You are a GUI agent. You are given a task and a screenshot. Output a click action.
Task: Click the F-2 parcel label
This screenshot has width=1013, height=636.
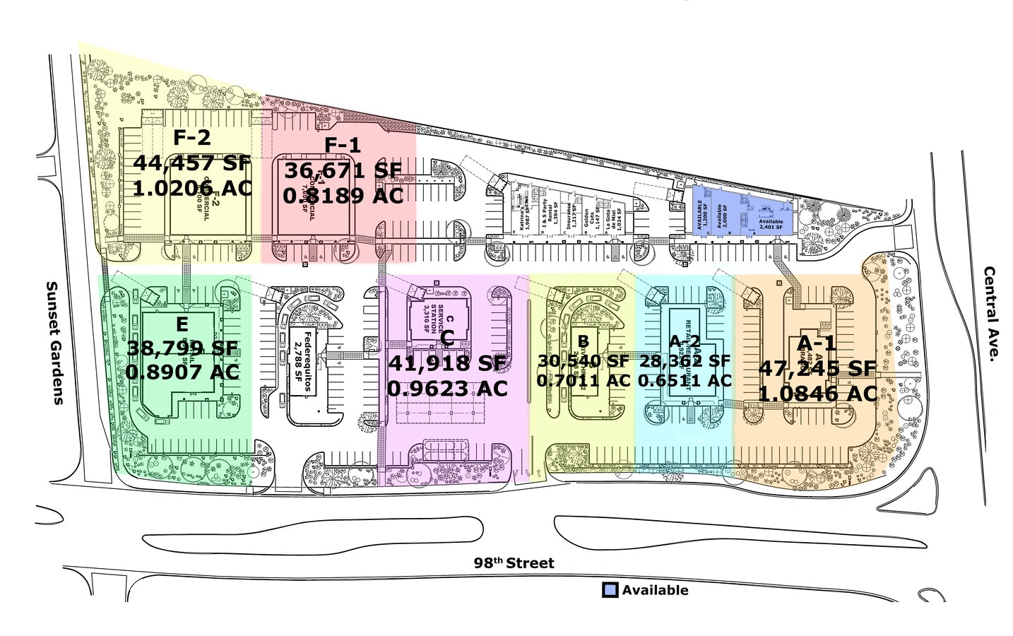(191, 136)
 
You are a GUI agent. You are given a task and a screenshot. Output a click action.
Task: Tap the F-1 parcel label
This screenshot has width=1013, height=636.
(343, 146)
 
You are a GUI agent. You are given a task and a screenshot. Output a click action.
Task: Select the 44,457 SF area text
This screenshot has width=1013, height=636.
(192, 163)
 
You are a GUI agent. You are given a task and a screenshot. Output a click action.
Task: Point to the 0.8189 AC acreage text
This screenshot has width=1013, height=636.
(343, 196)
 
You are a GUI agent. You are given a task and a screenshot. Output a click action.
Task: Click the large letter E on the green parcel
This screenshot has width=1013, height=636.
(182, 324)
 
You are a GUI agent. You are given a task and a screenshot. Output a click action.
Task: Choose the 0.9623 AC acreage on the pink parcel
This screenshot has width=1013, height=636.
(447, 389)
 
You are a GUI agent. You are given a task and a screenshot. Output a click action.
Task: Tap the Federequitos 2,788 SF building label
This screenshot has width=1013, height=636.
(303, 361)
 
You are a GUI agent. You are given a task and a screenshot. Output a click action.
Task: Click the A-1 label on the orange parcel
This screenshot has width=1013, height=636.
(817, 343)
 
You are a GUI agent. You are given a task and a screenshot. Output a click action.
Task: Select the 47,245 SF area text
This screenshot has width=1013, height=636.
(817, 368)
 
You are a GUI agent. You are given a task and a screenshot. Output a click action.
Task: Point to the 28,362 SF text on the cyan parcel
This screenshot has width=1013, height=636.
(685, 361)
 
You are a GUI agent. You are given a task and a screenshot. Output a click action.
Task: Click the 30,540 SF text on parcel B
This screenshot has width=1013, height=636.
(583, 361)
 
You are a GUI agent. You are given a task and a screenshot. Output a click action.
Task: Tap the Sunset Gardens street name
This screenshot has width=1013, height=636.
(54, 343)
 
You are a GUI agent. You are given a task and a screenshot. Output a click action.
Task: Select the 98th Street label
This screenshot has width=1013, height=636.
(514, 563)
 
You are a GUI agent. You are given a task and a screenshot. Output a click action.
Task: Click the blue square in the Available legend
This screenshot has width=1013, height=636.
(610, 590)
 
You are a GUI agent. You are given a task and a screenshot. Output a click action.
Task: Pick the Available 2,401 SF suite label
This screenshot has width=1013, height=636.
(771, 224)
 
